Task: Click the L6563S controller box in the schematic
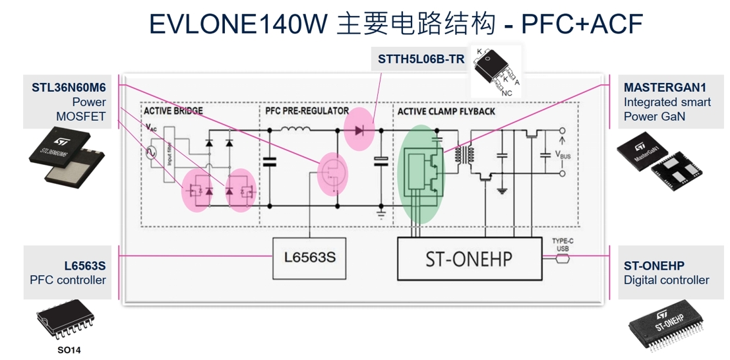tap(311, 256)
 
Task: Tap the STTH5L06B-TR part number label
tap(421, 59)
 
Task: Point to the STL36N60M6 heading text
tap(69, 87)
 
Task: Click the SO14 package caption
tap(68, 350)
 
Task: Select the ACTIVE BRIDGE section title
tap(173, 111)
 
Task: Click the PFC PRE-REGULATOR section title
tap(306, 111)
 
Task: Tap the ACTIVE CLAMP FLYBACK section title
tap(446, 111)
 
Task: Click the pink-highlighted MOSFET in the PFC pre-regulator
tap(332, 174)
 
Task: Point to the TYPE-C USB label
tap(562, 245)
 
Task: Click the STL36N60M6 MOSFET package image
tap(66, 157)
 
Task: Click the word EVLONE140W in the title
tap(237, 24)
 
